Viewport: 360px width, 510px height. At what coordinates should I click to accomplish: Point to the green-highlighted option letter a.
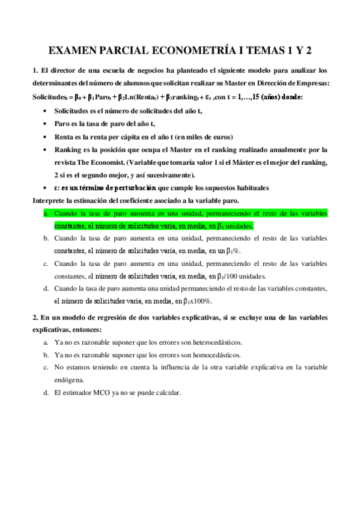[x=46, y=213]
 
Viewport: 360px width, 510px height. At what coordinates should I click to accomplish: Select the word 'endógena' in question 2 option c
[x=69, y=379]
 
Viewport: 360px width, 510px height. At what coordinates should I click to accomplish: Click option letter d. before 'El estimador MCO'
[x=46, y=393]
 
